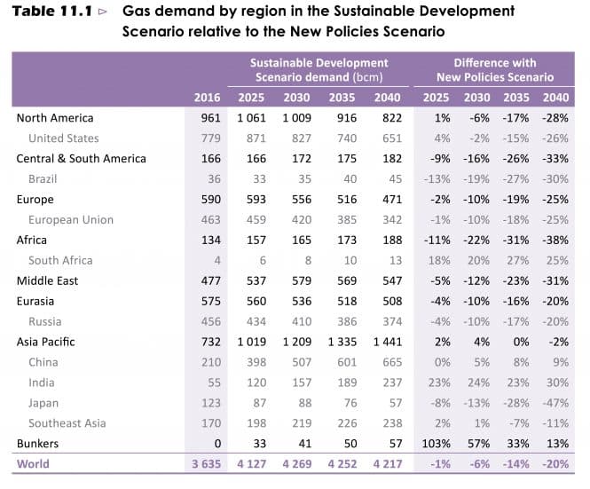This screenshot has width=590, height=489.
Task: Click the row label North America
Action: (54, 118)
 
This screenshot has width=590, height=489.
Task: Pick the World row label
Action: (34, 464)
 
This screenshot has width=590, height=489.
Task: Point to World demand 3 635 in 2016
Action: (204, 464)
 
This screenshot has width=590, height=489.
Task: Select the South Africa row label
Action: (61, 261)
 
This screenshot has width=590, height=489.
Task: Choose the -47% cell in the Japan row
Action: (555, 403)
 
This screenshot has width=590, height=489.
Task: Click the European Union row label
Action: (70, 220)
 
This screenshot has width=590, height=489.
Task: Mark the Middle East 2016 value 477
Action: (210, 281)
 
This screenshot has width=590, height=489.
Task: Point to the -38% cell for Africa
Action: (555, 241)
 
